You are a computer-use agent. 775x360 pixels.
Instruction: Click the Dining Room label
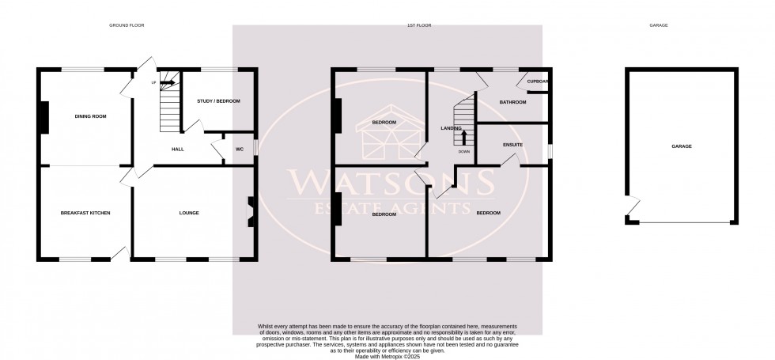(x=90, y=116)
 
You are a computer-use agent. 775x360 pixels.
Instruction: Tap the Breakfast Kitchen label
(x=85, y=214)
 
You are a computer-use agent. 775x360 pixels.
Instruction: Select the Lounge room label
(x=188, y=214)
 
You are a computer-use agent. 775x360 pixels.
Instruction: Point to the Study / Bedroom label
(x=218, y=101)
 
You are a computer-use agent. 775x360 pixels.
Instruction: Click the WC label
(x=239, y=149)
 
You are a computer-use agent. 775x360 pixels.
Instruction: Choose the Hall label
(x=178, y=149)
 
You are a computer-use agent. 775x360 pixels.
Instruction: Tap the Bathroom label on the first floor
(x=512, y=102)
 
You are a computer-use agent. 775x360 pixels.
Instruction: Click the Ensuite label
(x=512, y=145)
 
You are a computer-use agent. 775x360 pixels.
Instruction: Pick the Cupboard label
(x=538, y=81)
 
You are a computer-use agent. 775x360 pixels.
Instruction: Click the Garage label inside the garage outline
(x=681, y=146)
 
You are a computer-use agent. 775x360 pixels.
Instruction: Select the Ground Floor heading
(x=127, y=25)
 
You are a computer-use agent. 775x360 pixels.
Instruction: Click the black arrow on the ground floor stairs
(x=167, y=81)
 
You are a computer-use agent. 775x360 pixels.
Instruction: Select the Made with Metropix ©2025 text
(x=387, y=356)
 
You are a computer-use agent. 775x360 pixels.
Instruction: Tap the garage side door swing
(x=631, y=207)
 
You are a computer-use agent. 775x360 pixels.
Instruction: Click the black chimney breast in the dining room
(x=45, y=118)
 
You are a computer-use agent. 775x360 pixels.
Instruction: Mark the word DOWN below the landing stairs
(x=464, y=151)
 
